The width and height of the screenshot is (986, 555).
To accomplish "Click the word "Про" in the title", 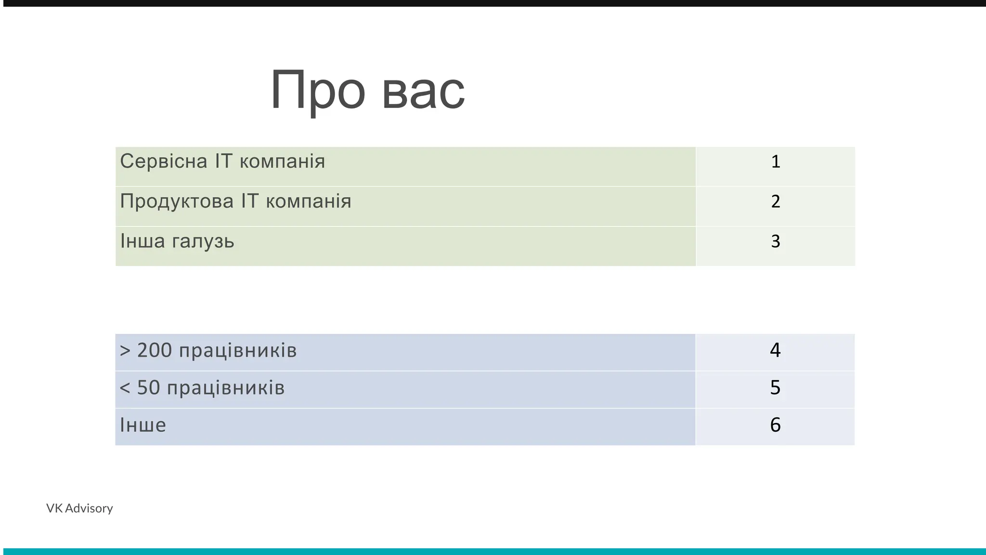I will [x=318, y=91].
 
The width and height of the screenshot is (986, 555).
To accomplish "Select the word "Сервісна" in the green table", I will [x=164, y=161].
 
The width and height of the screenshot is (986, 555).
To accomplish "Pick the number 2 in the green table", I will [x=775, y=201].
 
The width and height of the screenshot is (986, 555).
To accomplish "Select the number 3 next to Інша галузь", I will [x=775, y=241].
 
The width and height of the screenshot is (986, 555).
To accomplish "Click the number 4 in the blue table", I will [x=775, y=350].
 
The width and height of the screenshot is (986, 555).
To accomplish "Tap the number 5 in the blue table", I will [x=775, y=388].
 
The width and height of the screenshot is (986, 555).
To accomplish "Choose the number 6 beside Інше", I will [x=775, y=425].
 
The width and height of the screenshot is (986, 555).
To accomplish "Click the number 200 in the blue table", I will [x=155, y=351].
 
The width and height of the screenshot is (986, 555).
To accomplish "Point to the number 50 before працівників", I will [x=148, y=388].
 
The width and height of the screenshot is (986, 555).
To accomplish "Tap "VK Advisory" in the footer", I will [x=79, y=508].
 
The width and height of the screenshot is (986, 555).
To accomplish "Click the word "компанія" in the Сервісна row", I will [x=282, y=161].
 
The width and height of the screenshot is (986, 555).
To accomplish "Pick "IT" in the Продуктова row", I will [x=249, y=201].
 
